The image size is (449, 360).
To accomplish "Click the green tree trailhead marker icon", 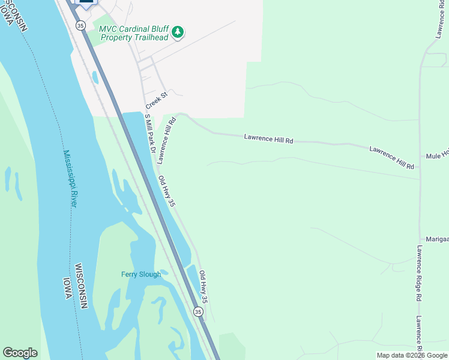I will [177, 32].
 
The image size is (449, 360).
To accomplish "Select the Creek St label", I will [155, 100].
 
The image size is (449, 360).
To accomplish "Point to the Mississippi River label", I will [70, 178].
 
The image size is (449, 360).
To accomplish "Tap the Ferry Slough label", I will [141, 274].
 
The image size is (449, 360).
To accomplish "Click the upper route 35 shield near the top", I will [80, 25].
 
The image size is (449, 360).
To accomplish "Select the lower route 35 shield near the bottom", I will [197, 311].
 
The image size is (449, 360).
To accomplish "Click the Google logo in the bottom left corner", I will [20, 353].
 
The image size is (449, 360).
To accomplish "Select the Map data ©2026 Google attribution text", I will [412, 355].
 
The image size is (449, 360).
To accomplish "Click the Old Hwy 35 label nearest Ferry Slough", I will [203, 286].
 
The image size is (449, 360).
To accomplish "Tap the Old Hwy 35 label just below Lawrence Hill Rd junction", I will [166, 191].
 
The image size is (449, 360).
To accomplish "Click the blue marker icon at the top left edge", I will [86, 3].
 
